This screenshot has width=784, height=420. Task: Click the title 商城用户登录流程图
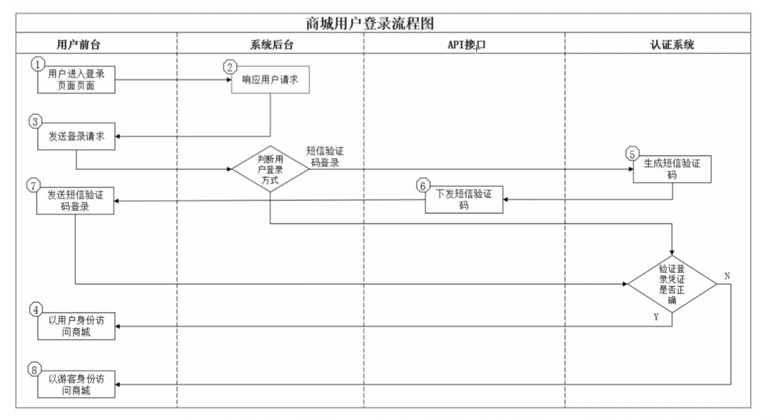[x=370, y=23]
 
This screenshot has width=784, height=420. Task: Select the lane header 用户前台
[x=78, y=44]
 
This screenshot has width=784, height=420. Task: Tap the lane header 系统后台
[x=271, y=44]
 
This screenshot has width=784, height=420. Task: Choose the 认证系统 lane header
[x=672, y=44]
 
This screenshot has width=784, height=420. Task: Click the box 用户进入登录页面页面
[x=76, y=80]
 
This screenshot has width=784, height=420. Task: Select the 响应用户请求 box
[x=270, y=80]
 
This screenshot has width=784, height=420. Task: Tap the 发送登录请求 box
[x=76, y=137]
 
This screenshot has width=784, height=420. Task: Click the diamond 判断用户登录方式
[x=270, y=169]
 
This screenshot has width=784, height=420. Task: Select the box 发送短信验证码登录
[x=76, y=201]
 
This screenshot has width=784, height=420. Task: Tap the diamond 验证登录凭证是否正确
[x=671, y=285]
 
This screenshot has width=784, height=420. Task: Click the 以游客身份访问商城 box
[x=76, y=384]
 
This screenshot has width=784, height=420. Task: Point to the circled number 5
[x=631, y=154]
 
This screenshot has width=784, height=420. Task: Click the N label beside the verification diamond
[x=727, y=276]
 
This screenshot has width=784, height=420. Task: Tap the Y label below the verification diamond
[x=656, y=317]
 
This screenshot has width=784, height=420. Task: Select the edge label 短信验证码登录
[x=324, y=157]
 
